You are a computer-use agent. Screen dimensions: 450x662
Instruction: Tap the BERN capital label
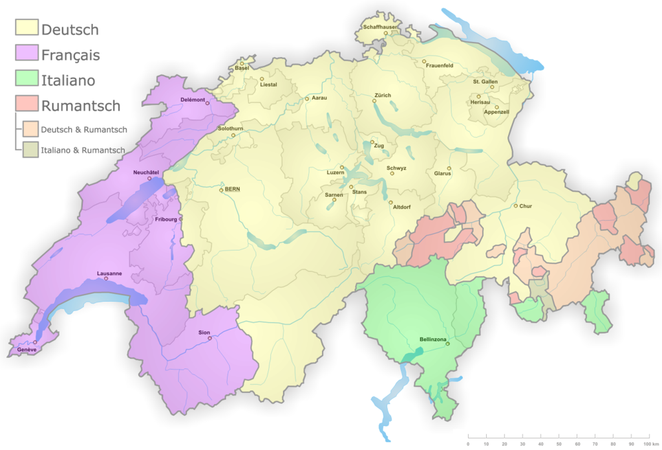pos(232,189)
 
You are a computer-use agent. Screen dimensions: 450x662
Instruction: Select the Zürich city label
pos(382,95)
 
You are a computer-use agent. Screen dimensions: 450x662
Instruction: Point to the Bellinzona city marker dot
pos(447,344)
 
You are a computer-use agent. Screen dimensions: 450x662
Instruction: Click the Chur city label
pos(526,206)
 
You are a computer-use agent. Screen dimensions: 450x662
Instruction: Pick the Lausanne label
pos(109,273)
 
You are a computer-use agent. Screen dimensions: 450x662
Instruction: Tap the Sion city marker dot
pos(209,338)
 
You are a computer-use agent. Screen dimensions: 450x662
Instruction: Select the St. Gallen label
pos(485,82)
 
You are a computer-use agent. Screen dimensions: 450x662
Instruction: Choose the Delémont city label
pos(193,100)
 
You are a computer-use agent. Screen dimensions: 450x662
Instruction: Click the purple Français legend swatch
pos(27,54)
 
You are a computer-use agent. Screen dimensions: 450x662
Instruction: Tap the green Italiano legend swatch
pos(27,80)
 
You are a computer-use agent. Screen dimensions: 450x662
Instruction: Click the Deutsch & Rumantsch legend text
pos(84,129)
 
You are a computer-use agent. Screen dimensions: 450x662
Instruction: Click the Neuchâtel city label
pos(145,172)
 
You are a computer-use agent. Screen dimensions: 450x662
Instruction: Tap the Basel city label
pos(242,68)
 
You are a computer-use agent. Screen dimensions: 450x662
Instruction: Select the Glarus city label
pos(442,174)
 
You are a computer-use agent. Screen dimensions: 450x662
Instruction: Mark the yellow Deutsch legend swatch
pos(27,29)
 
